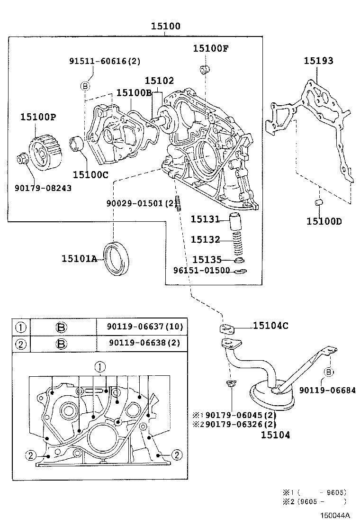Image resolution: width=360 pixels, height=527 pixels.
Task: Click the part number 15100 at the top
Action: click(x=165, y=27)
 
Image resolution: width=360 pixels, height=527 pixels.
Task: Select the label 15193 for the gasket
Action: click(x=318, y=61)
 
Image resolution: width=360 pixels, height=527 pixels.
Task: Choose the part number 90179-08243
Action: click(x=43, y=188)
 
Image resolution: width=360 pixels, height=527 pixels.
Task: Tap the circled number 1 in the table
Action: click(x=21, y=327)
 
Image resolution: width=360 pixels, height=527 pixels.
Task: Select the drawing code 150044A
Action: click(x=334, y=515)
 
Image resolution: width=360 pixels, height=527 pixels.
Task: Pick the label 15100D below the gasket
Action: click(x=324, y=221)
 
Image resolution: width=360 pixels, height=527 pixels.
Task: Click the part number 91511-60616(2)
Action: click(x=105, y=61)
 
